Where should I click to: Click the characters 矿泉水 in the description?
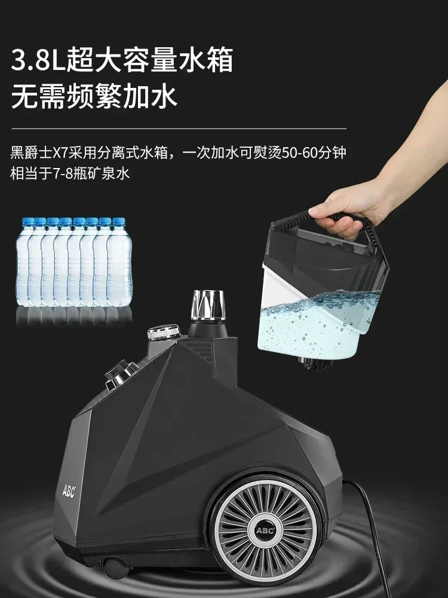pyautogui.click(x=113, y=173)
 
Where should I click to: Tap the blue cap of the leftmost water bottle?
pyautogui.click(x=27, y=222)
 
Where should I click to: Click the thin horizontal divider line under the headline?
pyautogui.click(x=179, y=127)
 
